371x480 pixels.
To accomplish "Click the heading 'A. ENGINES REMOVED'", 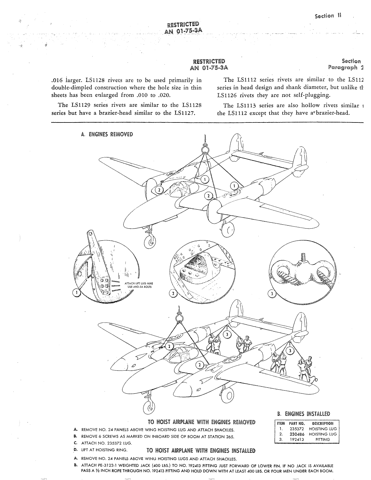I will pyautogui.click(x=107, y=134).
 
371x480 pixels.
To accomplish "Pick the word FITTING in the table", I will pyautogui.click(x=323, y=439).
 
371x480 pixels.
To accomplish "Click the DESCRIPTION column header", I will pyautogui.click(x=322, y=424).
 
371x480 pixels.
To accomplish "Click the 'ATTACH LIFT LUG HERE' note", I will pyautogui.click(x=139, y=283).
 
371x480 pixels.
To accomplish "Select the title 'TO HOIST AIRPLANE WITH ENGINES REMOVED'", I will pyautogui.click(x=201, y=422).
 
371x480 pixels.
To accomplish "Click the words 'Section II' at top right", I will pyautogui.click(x=327, y=15).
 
